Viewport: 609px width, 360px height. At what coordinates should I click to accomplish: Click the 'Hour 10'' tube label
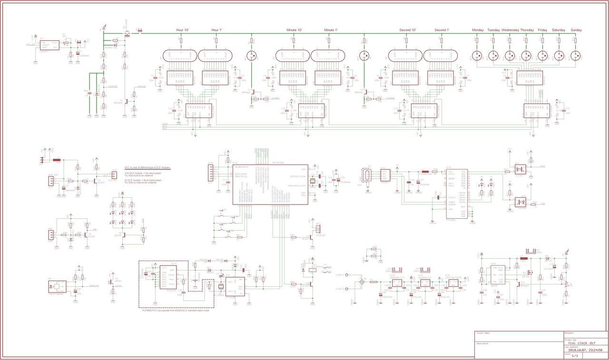point(183,30)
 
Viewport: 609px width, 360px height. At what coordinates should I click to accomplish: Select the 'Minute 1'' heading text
point(331,30)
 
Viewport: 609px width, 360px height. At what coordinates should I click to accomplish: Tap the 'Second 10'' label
point(408,30)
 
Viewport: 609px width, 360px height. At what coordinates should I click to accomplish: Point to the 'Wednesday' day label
point(510,30)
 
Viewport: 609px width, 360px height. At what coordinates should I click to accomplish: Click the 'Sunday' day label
point(576,30)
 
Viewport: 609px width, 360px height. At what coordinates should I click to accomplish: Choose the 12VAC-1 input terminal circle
point(348,275)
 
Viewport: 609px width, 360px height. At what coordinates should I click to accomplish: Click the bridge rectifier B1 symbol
point(362,282)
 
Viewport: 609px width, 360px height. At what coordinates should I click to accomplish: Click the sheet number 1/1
point(575,356)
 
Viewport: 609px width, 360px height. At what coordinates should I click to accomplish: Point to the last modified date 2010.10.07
point(578,350)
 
